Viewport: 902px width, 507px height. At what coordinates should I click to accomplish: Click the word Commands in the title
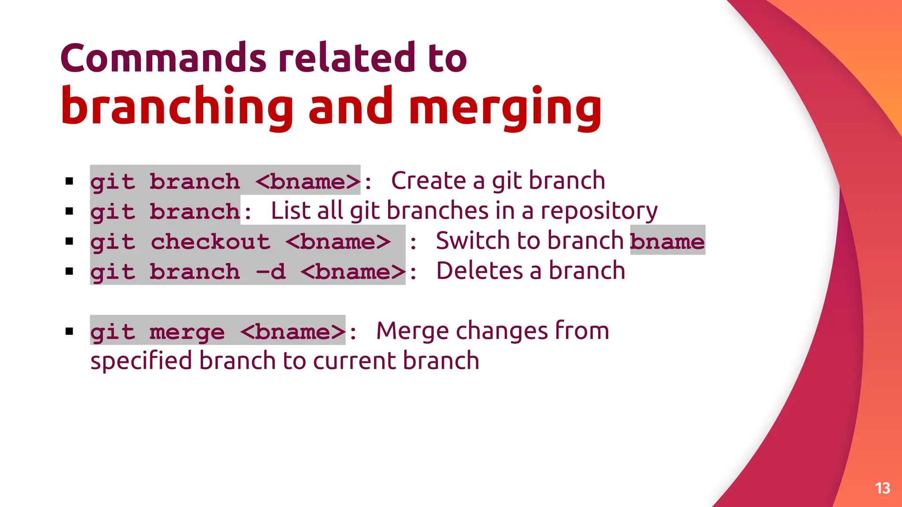[x=163, y=59]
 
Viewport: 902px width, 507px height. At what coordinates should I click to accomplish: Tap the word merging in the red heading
[x=505, y=107]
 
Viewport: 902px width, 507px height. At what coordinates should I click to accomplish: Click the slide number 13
[x=882, y=488]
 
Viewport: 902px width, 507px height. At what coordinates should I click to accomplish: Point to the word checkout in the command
[x=211, y=242]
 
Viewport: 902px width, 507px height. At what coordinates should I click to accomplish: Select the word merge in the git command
[x=187, y=332]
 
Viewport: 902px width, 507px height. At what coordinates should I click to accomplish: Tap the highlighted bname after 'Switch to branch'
[x=667, y=241]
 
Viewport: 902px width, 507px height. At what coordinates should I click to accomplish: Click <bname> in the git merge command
[x=293, y=331]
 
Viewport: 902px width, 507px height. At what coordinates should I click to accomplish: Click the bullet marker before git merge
[x=69, y=331]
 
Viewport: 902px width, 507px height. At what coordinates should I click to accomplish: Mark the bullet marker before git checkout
[x=69, y=241]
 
